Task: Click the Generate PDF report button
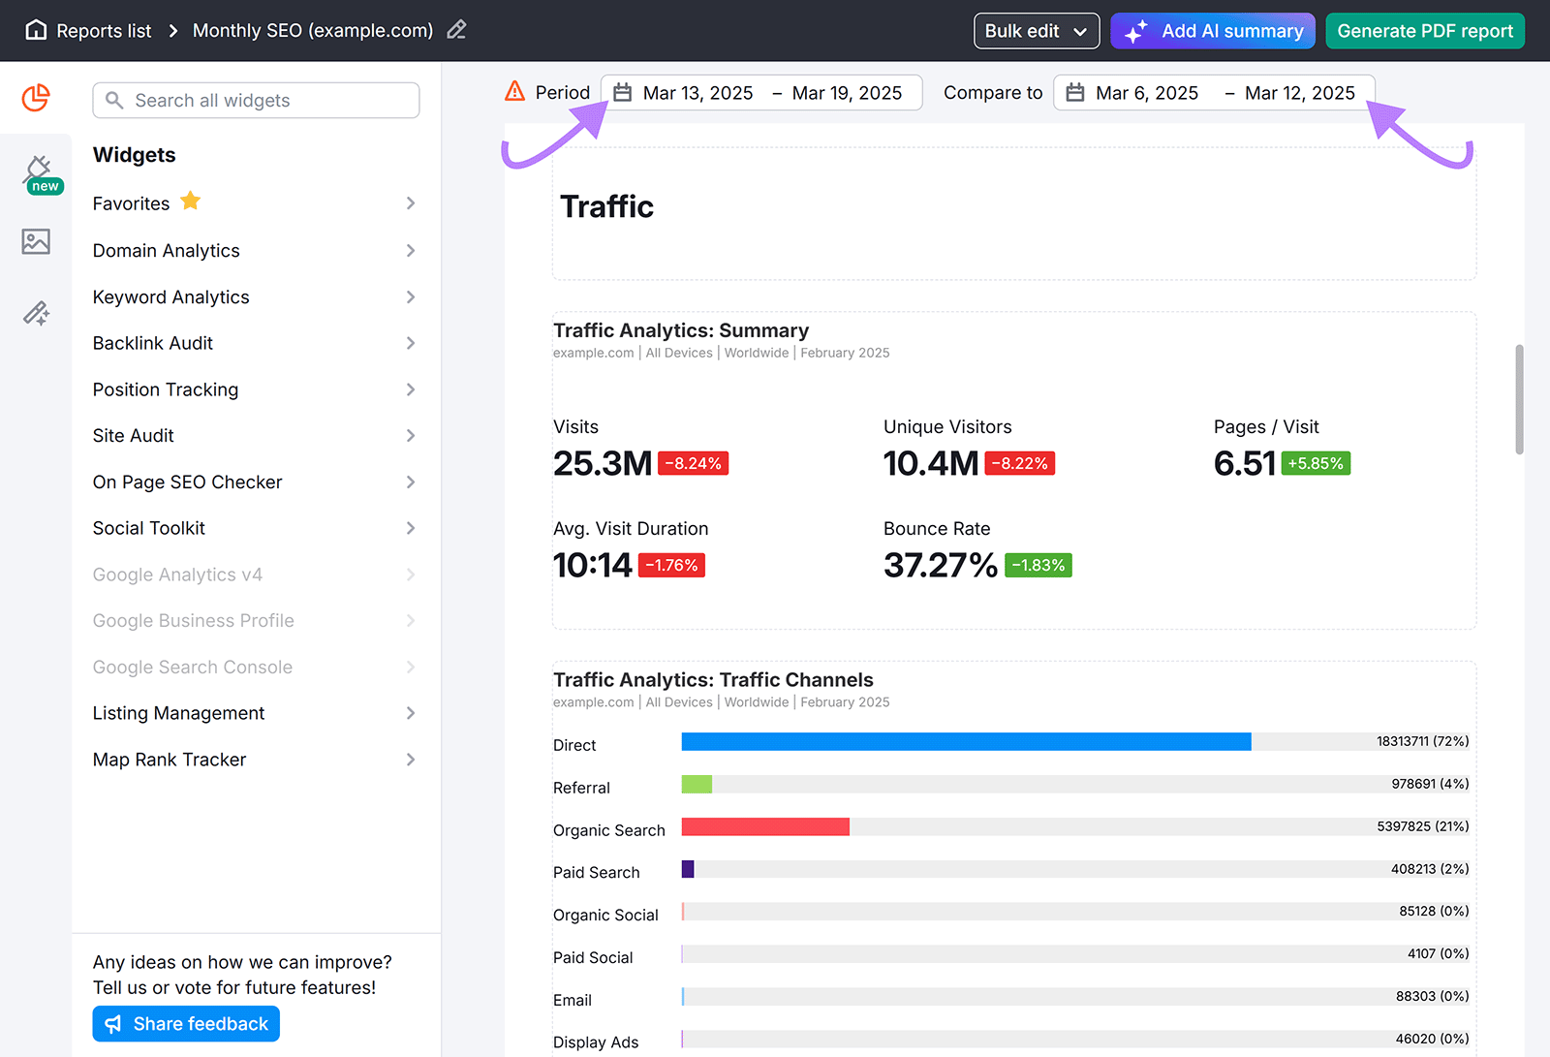(x=1424, y=31)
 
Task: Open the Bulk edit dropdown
(x=1036, y=31)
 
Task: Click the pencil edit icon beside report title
(x=456, y=30)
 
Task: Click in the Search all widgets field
(x=256, y=101)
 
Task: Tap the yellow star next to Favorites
(x=191, y=201)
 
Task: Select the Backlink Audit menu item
(x=153, y=343)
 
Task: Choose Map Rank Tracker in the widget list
(x=170, y=760)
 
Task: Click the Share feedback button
(x=186, y=1024)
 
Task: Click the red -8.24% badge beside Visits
(x=693, y=464)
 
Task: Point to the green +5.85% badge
(x=1315, y=464)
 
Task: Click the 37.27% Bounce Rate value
(x=940, y=565)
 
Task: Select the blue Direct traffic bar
(x=965, y=742)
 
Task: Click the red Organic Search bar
(x=765, y=826)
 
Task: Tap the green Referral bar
(x=697, y=785)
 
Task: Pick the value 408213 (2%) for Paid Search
(x=1429, y=869)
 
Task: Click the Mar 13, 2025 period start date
(x=697, y=93)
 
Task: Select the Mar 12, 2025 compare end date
(x=1299, y=93)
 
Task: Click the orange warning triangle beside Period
(x=515, y=92)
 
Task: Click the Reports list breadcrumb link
(x=104, y=31)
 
